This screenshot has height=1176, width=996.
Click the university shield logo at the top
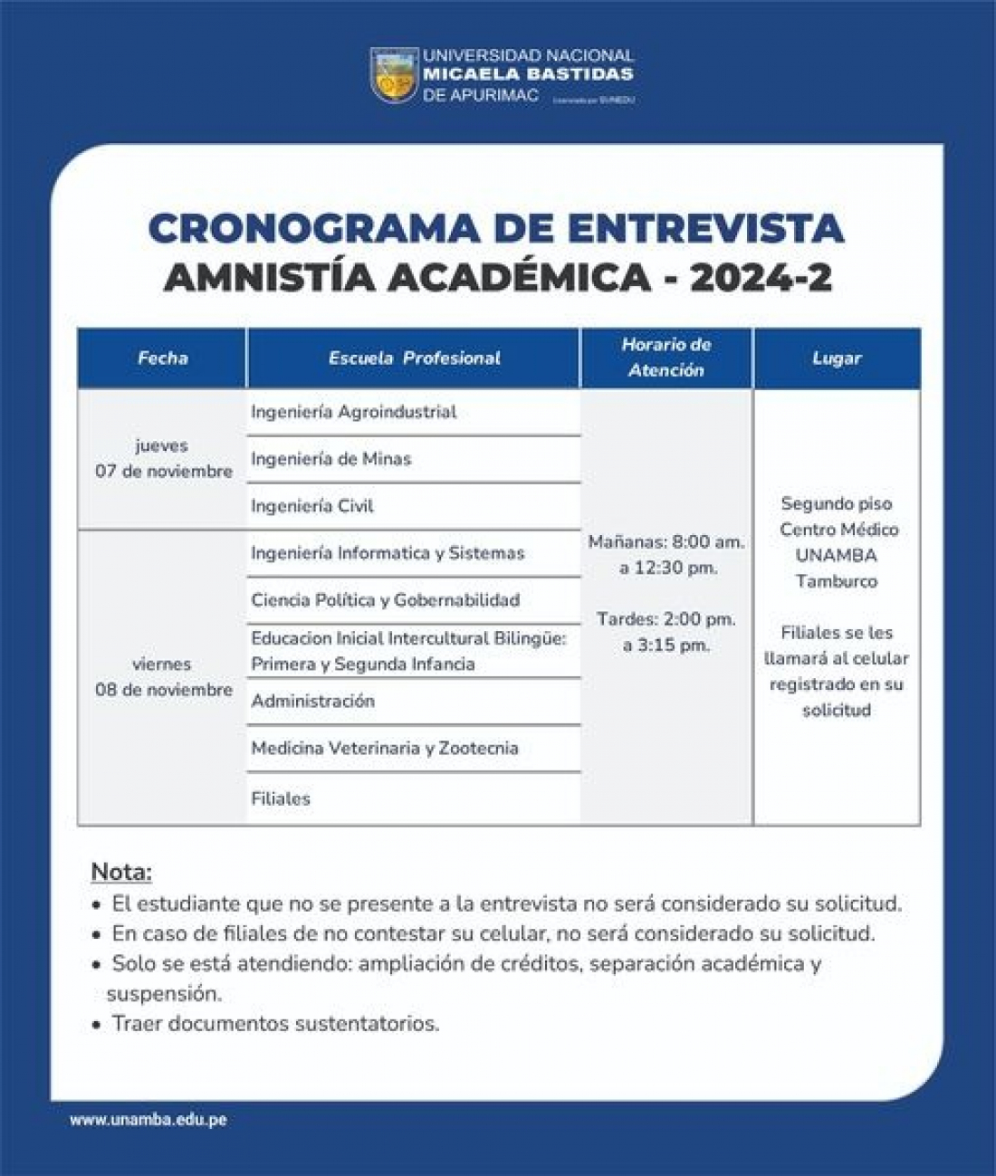click(x=394, y=75)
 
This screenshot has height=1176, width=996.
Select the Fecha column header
click(x=162, y=358)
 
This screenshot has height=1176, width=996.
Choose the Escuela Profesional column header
click(x=414, y=358)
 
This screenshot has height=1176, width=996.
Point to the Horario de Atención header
click(x=666, y=357)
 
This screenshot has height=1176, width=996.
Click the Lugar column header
click(x=837, y=358)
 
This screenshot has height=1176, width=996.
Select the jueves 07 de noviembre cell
click(x=163, y=458)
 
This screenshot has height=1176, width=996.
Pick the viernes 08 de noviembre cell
click(x=163, y=676)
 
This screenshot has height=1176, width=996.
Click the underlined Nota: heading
click(x=121, y=873)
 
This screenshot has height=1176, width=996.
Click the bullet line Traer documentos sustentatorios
click(x=275, y=1024)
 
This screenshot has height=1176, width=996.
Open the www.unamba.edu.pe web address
click(x=148, y=1120)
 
